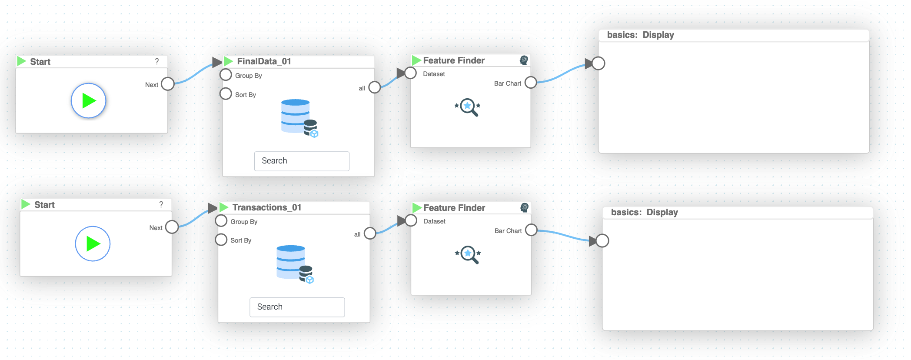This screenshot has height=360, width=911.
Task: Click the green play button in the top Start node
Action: (x=89, y=101)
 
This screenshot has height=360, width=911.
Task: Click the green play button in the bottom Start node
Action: (x=93, y=244)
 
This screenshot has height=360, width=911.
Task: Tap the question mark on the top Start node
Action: (x=157, y=62)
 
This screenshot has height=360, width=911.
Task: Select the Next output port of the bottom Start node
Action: (x=172, y=227)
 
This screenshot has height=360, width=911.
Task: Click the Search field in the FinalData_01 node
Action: (x=302, y=161)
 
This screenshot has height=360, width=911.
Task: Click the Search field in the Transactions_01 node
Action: (x=297, y=307)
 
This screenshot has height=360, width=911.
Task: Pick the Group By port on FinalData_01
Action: (x=226, y=75)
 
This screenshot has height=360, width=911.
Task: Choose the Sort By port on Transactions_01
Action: (x=221, y=240)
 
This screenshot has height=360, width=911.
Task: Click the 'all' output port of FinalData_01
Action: (x=374, y=87)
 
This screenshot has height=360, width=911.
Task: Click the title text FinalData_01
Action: (x=264, y=61)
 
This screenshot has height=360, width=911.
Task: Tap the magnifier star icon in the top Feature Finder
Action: (x=468, y=107)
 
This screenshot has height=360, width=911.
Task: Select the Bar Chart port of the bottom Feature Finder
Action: (x=531, y=230)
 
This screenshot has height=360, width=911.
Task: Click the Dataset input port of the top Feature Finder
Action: (x=411, y=73)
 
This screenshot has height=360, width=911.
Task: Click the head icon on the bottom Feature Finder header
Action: (x=525, y=208)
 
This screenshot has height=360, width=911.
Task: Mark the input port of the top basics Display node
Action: (x=598, y=63)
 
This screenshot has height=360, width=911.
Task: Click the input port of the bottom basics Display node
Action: (x=602, y=240)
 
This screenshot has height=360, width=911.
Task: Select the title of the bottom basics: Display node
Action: (x=644, y=213)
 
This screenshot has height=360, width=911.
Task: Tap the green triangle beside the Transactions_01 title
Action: (x=224, y=207)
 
